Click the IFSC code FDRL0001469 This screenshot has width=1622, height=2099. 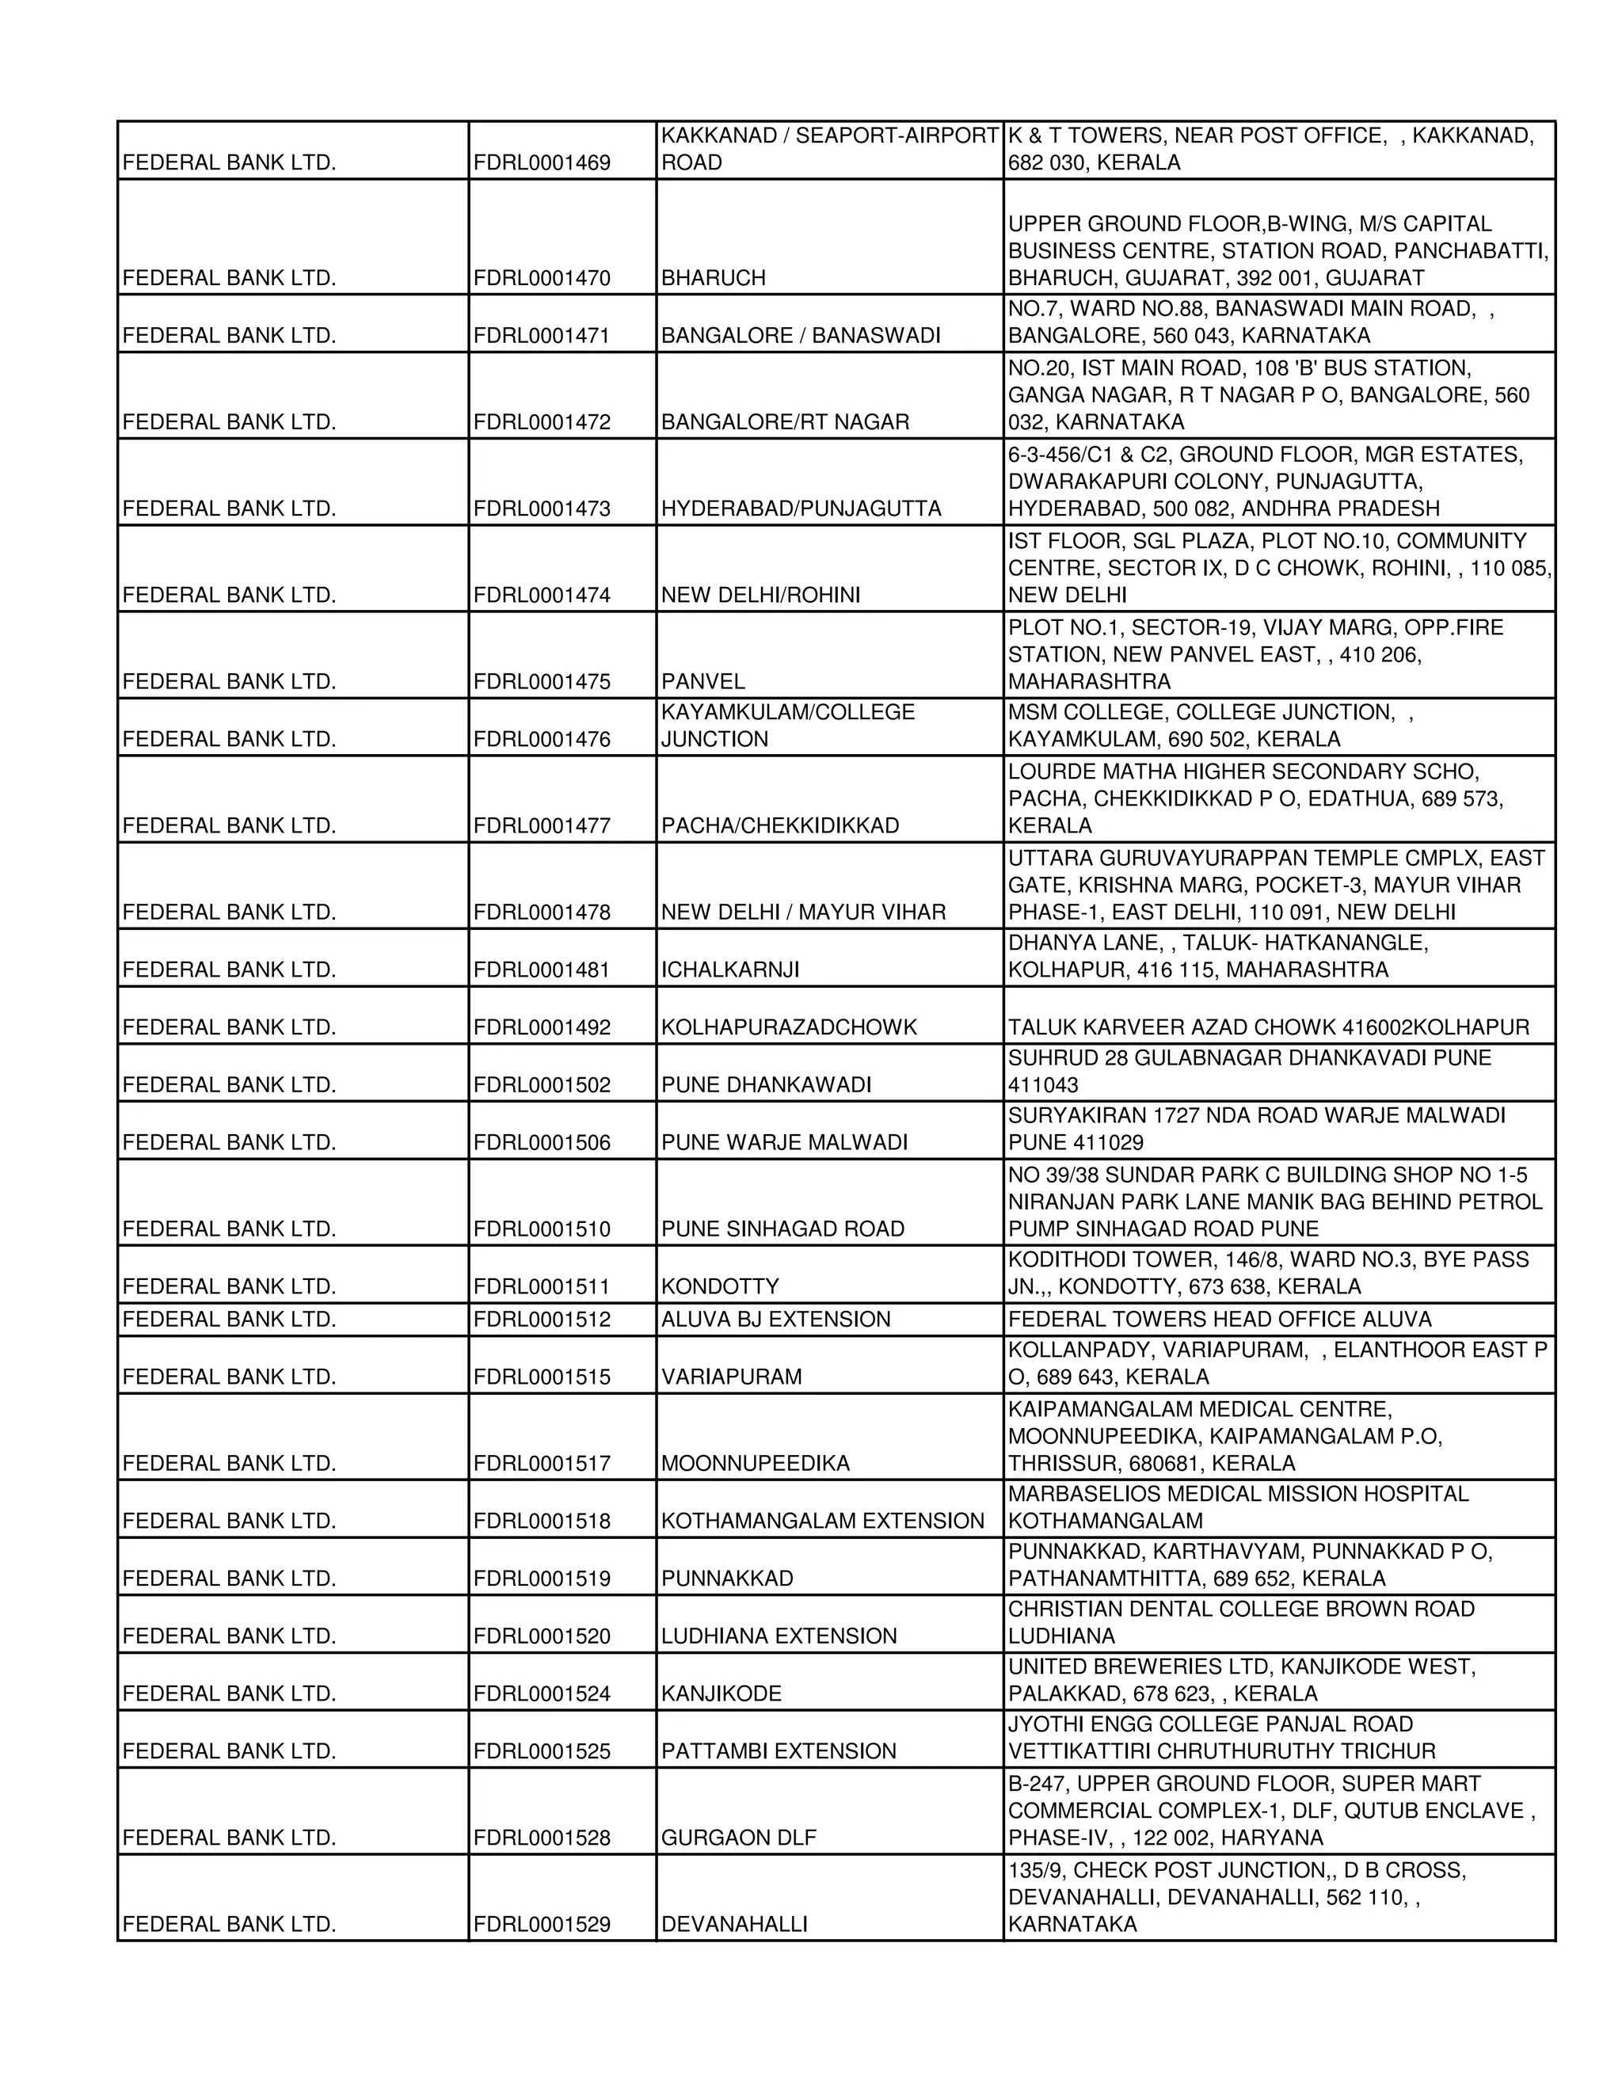pos(542,163)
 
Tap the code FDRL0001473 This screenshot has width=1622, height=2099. pos(542,509)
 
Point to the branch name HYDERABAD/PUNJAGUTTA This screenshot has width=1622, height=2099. pos(801,509)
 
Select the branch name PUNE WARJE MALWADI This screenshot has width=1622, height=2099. pos(784,1143)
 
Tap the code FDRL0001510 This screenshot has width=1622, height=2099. pos(542,1229)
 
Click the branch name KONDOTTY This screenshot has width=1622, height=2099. pos(720,1287)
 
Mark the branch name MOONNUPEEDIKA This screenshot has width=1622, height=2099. pos(756,1464)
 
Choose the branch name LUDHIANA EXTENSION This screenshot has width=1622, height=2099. pos(779,1636)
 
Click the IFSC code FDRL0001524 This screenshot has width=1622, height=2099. pos(542,1694)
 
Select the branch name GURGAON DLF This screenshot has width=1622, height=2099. pos(738,1838)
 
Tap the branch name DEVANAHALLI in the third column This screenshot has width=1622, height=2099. pos(734,1925)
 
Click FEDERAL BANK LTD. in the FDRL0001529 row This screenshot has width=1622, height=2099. pos(230,1925)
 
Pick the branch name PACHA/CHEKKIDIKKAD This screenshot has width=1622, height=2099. pos(780,826)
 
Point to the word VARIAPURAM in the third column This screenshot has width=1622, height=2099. pos(731,1377)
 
